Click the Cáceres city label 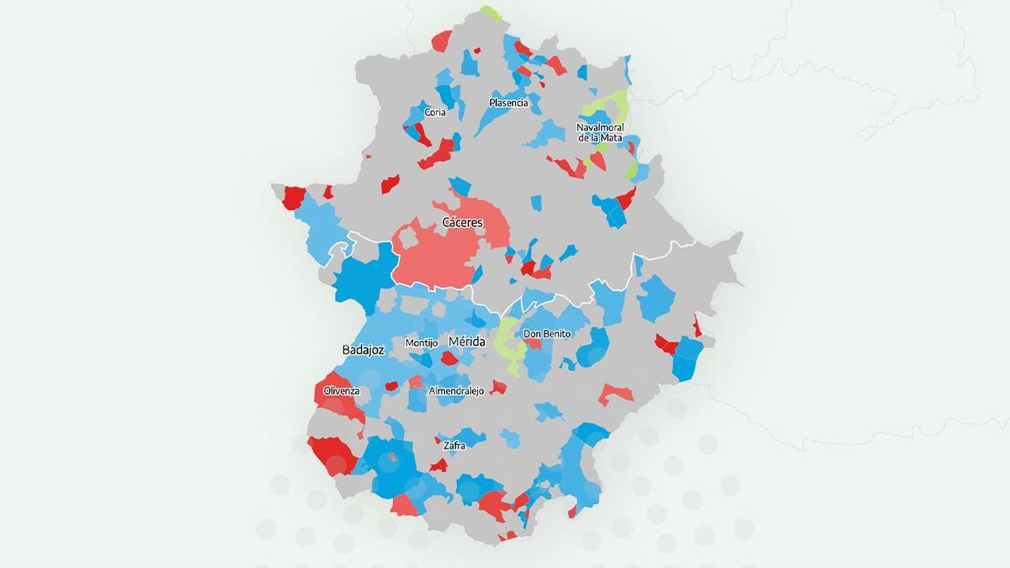[463, 223]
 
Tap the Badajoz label [363, 350]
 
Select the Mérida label [466, 342]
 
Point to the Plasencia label [508, 103]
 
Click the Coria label [435, 112]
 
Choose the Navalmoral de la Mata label [600, 132]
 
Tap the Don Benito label [547, 334]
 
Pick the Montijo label [421, 343]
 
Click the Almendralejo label [456, 391]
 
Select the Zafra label [454, 445]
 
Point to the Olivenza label [341, 391]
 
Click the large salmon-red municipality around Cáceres [438, 252]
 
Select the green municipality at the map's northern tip [489, 13]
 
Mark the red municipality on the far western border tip [293, 197]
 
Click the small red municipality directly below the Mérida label [450, 358]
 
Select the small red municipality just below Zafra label [438, 464]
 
